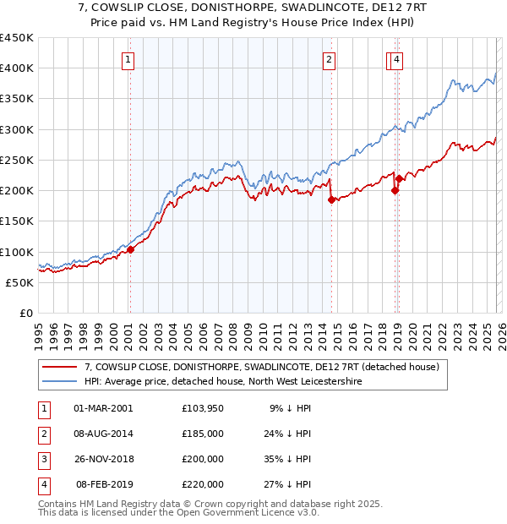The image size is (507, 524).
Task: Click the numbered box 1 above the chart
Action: (128, 59)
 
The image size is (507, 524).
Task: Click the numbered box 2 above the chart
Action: (328, 59)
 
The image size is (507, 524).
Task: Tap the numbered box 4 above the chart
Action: (396, 59)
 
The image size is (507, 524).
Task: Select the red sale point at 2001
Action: (130, 250)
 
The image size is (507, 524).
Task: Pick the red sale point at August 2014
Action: (331, 200)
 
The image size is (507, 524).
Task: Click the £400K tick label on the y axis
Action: (17, 68)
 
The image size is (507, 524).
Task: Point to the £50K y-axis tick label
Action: (20, 282)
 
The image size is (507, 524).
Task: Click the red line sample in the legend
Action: (59, 368)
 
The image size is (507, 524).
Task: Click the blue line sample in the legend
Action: (59, 382)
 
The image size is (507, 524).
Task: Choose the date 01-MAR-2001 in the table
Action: (103, 408)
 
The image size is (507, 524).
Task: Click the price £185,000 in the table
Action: (203, 434)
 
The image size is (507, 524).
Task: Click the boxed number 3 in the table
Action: (42, 460)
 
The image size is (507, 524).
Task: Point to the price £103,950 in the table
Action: (203, 408)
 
